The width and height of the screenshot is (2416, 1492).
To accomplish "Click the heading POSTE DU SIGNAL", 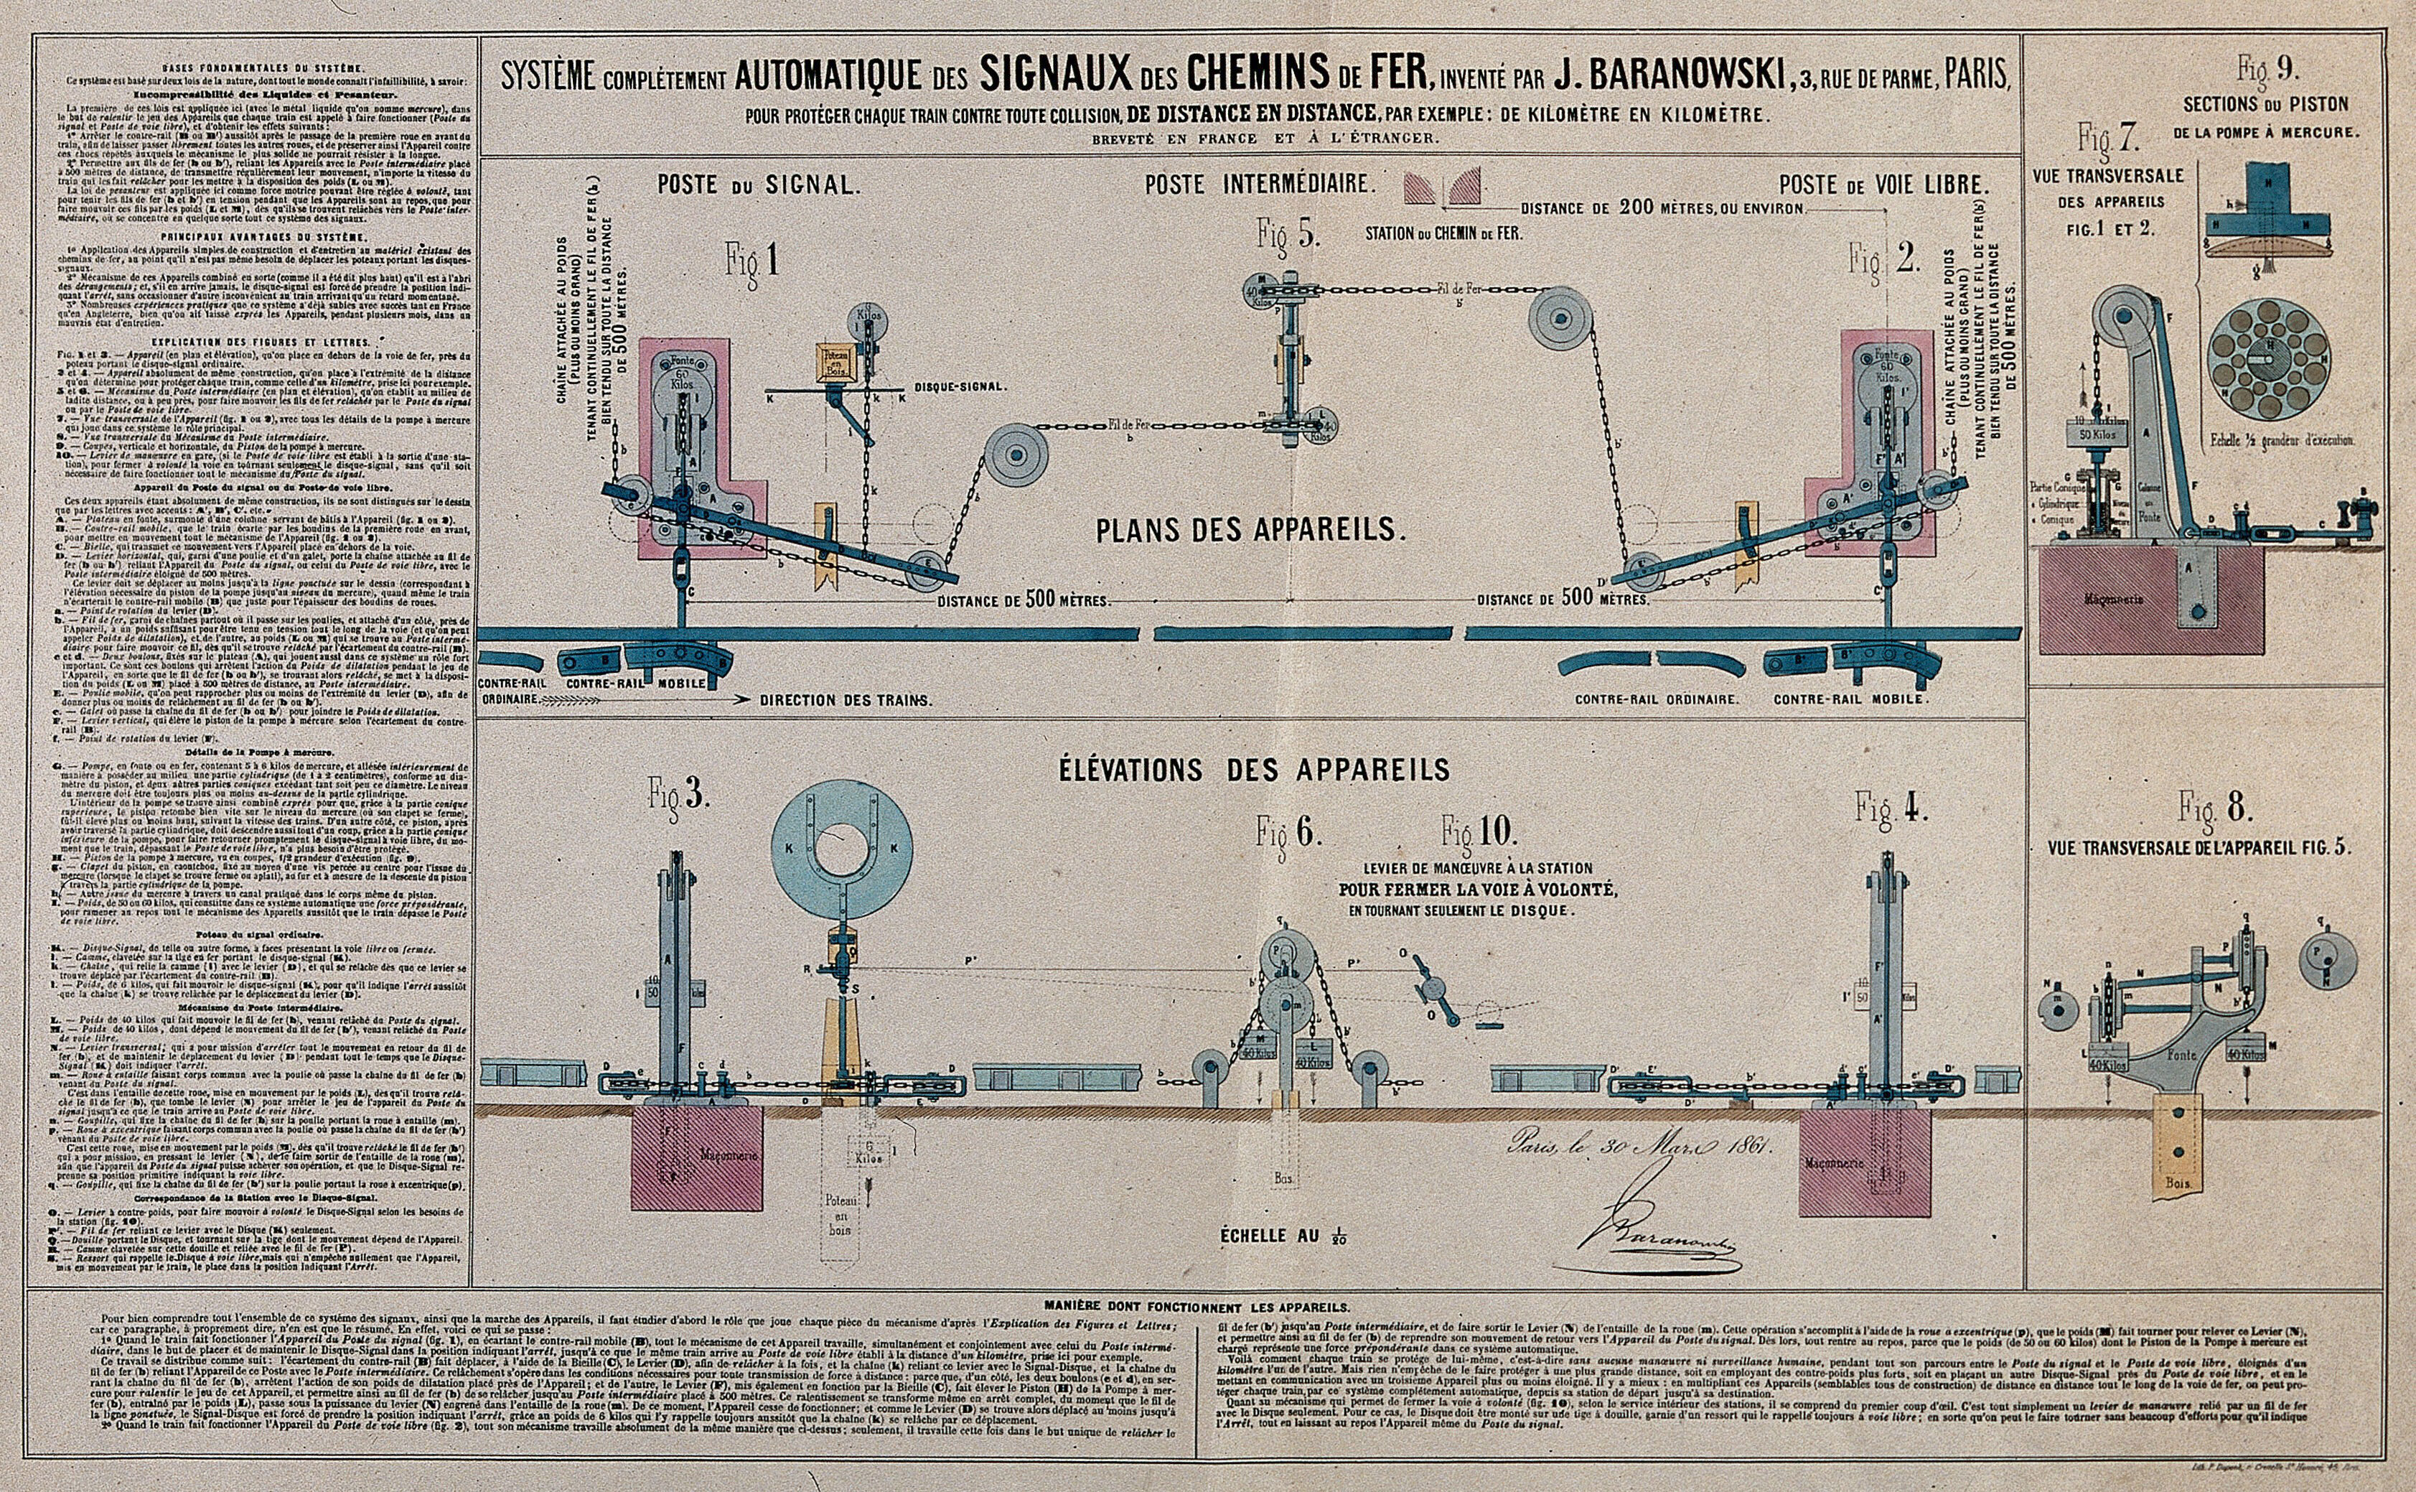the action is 762,185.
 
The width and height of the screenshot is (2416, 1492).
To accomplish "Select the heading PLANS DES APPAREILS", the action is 1250,530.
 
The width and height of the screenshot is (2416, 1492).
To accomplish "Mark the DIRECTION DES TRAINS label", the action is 846,699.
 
